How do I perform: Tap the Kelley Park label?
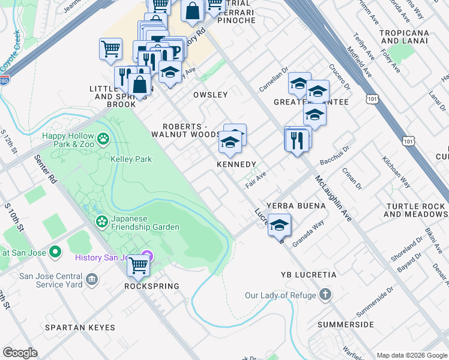point(131,159)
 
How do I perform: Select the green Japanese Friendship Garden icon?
point(101,222)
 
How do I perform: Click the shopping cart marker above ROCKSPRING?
point(138,265)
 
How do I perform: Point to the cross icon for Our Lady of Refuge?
point(325,295)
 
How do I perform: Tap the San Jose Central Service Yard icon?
point(91,279)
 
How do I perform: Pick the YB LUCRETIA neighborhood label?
point(309,274)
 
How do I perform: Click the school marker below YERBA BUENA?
point(279,225)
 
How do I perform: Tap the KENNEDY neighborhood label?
point(237,164)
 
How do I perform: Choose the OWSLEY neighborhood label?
point(210,95)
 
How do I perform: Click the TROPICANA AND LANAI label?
point(406,36)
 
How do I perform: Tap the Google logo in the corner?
point(20,353)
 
